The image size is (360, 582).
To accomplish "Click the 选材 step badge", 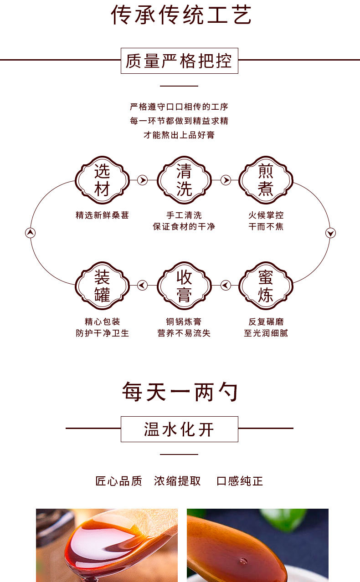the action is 102,180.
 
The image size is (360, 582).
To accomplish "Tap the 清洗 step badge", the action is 184,180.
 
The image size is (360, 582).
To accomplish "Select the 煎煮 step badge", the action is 266,180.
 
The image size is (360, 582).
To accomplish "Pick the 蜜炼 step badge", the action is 266,286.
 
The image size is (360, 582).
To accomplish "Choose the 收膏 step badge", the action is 184,286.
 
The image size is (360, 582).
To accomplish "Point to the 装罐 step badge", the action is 102,286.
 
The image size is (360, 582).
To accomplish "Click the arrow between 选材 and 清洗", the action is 143,180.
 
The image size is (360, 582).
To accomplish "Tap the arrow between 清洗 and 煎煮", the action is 226,180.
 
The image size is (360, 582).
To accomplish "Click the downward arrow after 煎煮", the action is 331,233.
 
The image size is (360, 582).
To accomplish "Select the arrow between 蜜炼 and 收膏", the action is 226,285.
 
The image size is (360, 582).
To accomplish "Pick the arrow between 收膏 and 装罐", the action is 143,285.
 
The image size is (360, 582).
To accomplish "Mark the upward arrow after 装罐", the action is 30,233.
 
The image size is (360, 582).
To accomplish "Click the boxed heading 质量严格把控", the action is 180,61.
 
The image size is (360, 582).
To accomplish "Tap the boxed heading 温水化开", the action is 180,429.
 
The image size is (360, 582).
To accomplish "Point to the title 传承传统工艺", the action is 181,15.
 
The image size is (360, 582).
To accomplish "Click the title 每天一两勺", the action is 180,392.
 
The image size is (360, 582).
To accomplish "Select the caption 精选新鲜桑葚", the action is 102,215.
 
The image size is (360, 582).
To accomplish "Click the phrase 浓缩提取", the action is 177,481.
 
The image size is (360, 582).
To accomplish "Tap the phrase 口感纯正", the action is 240,481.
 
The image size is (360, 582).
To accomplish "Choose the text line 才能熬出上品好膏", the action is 179,135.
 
